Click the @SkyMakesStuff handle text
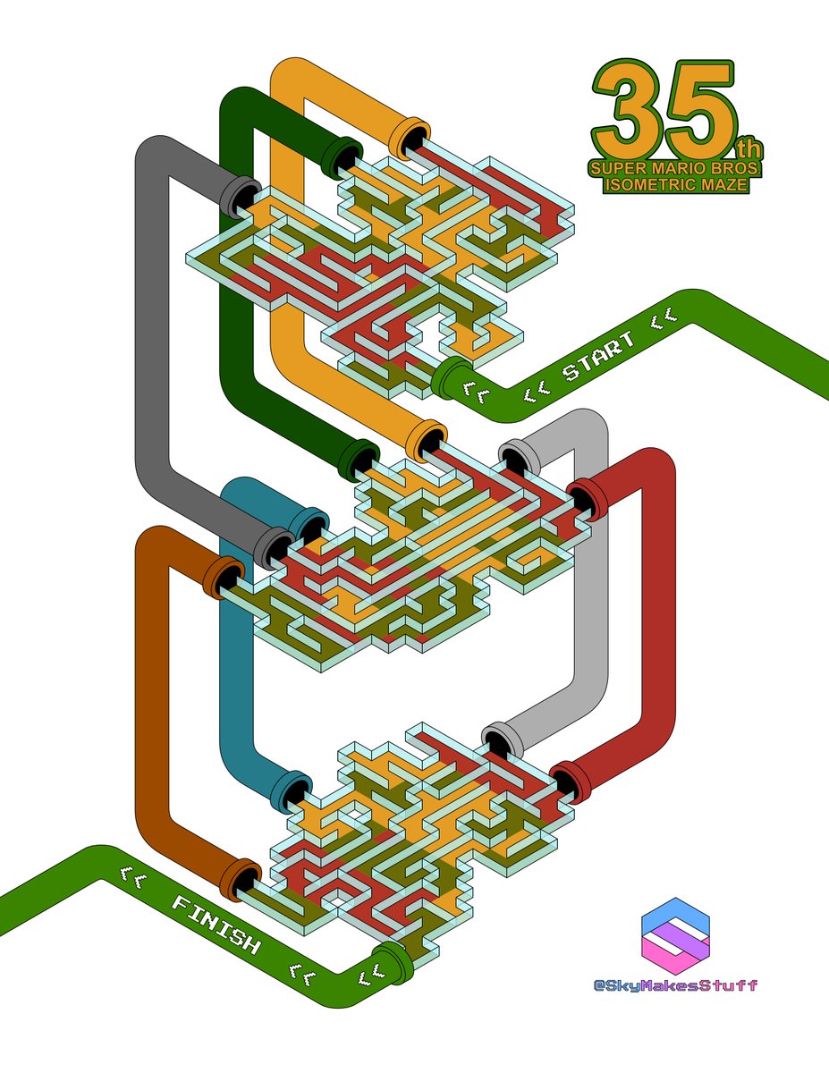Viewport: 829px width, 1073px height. pos(675,985)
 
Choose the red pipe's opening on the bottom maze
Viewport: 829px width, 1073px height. pos(569,782)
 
